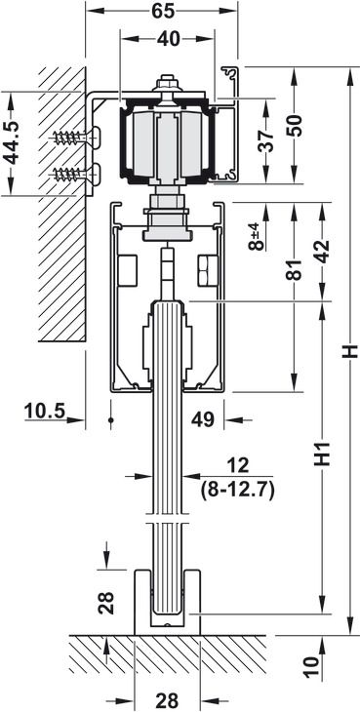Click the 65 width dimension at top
coord(163,10)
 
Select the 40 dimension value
coord(169,39)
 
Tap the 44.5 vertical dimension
coord(11,143)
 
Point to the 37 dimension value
coord(268,140)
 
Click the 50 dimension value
coord(295,126)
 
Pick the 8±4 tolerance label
coord(257,235)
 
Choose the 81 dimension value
coord(295,270)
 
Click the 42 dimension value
coord(322,251)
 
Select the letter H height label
coord(350,351)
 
